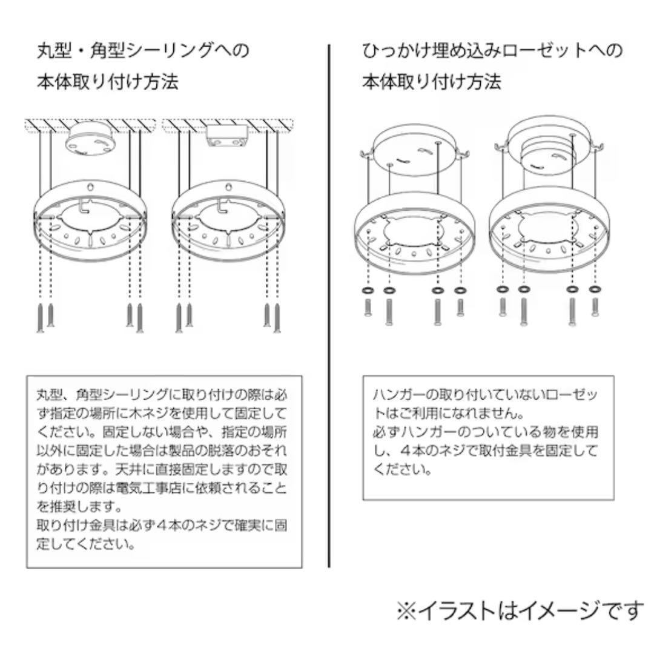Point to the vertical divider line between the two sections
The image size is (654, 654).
(329, 306)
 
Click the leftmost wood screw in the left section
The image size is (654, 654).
(41, 317)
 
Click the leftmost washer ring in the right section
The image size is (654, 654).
(368, 290)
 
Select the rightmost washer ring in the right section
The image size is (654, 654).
(595, 289)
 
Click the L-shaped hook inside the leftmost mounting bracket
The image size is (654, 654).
(84, 206)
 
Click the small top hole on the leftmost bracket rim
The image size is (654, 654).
(91, 186)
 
